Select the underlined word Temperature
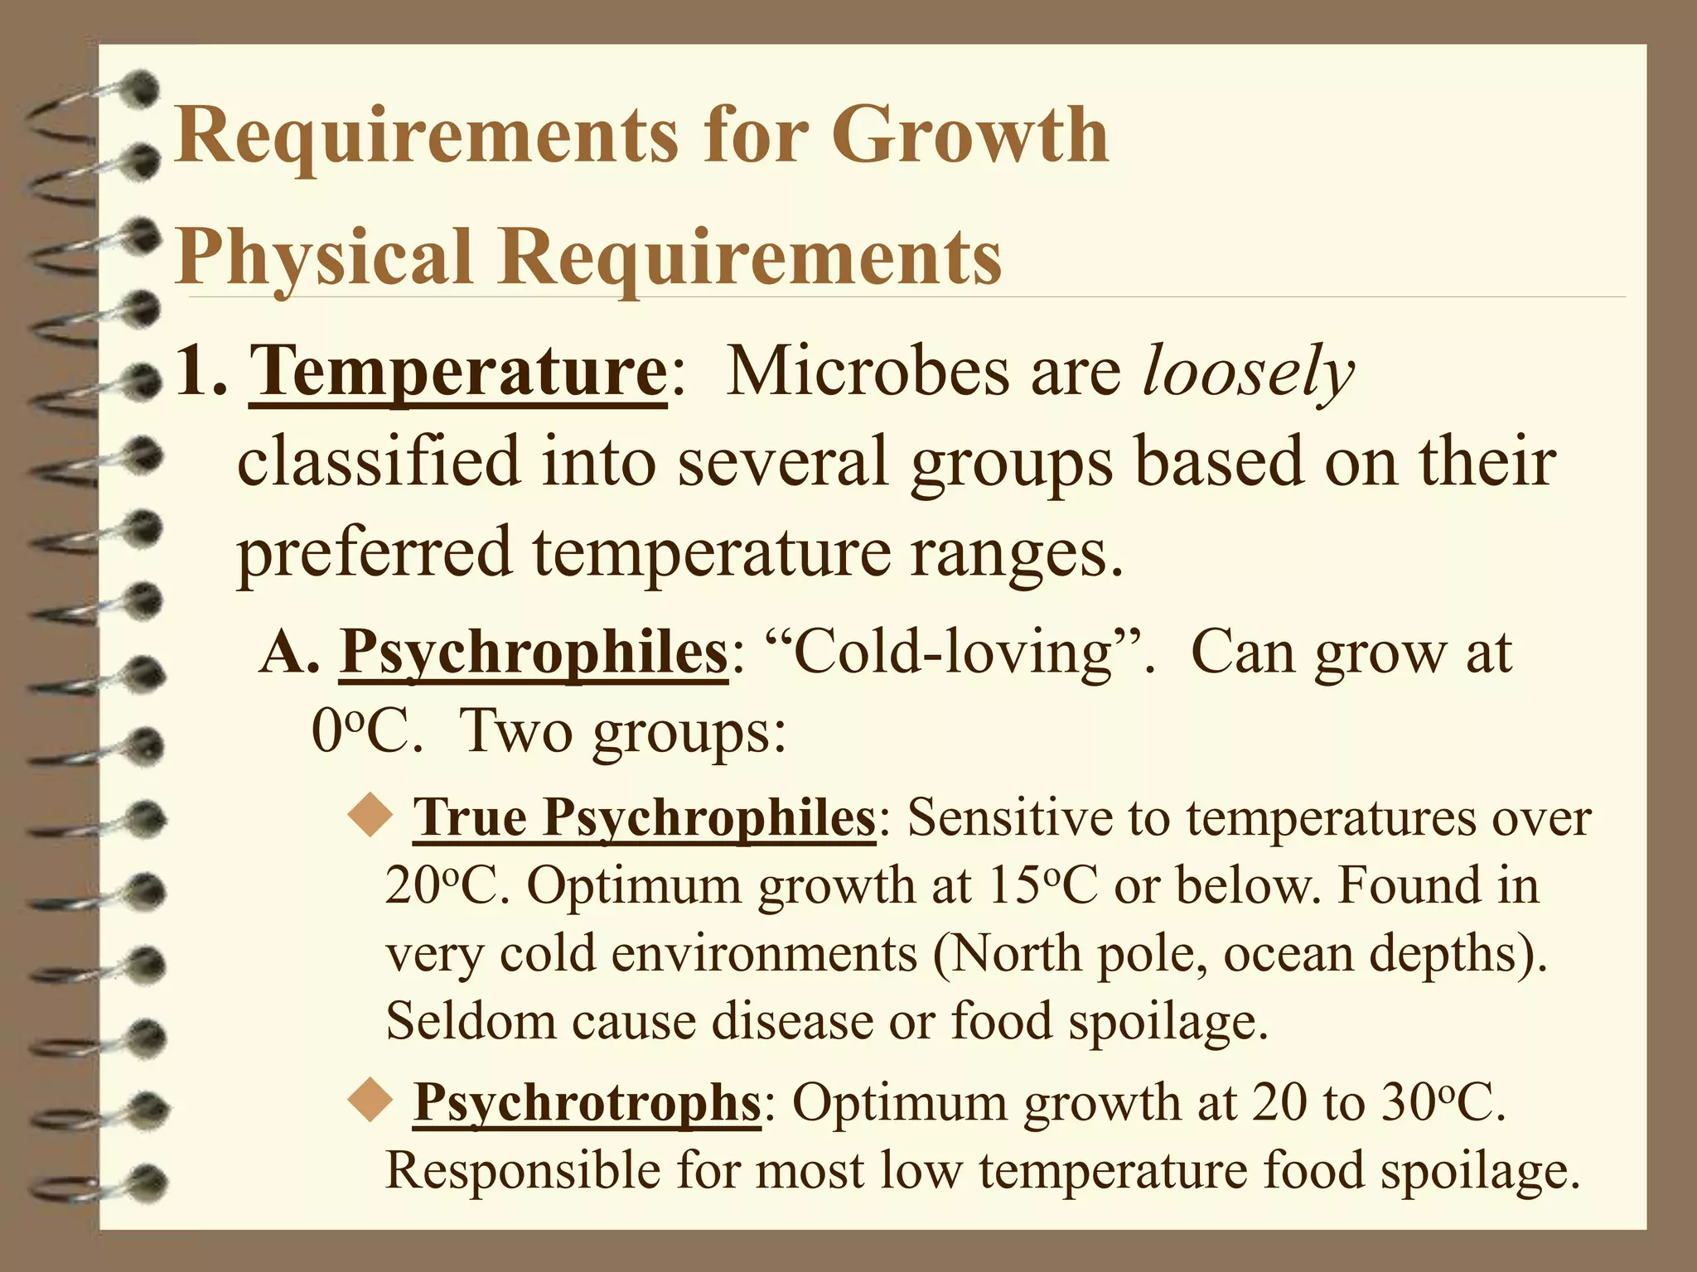[457, 373]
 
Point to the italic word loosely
[1248, 373]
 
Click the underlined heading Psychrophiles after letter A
[533, 653]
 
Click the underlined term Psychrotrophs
[587, 1102]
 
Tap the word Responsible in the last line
[522, 1171]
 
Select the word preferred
[375, 553]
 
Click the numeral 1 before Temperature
[196, 373]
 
